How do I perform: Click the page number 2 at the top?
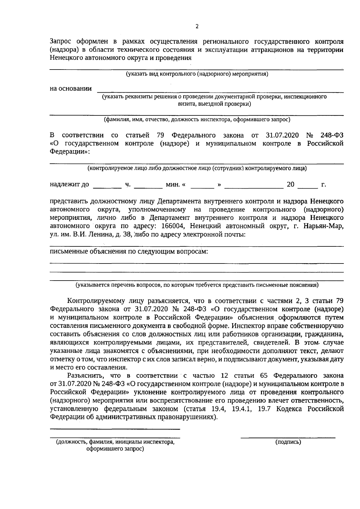197,26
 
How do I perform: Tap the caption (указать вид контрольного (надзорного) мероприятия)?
197,74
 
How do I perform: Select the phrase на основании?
71,88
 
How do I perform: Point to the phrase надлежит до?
69,184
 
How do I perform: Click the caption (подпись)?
288,442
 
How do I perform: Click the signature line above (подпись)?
288,438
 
